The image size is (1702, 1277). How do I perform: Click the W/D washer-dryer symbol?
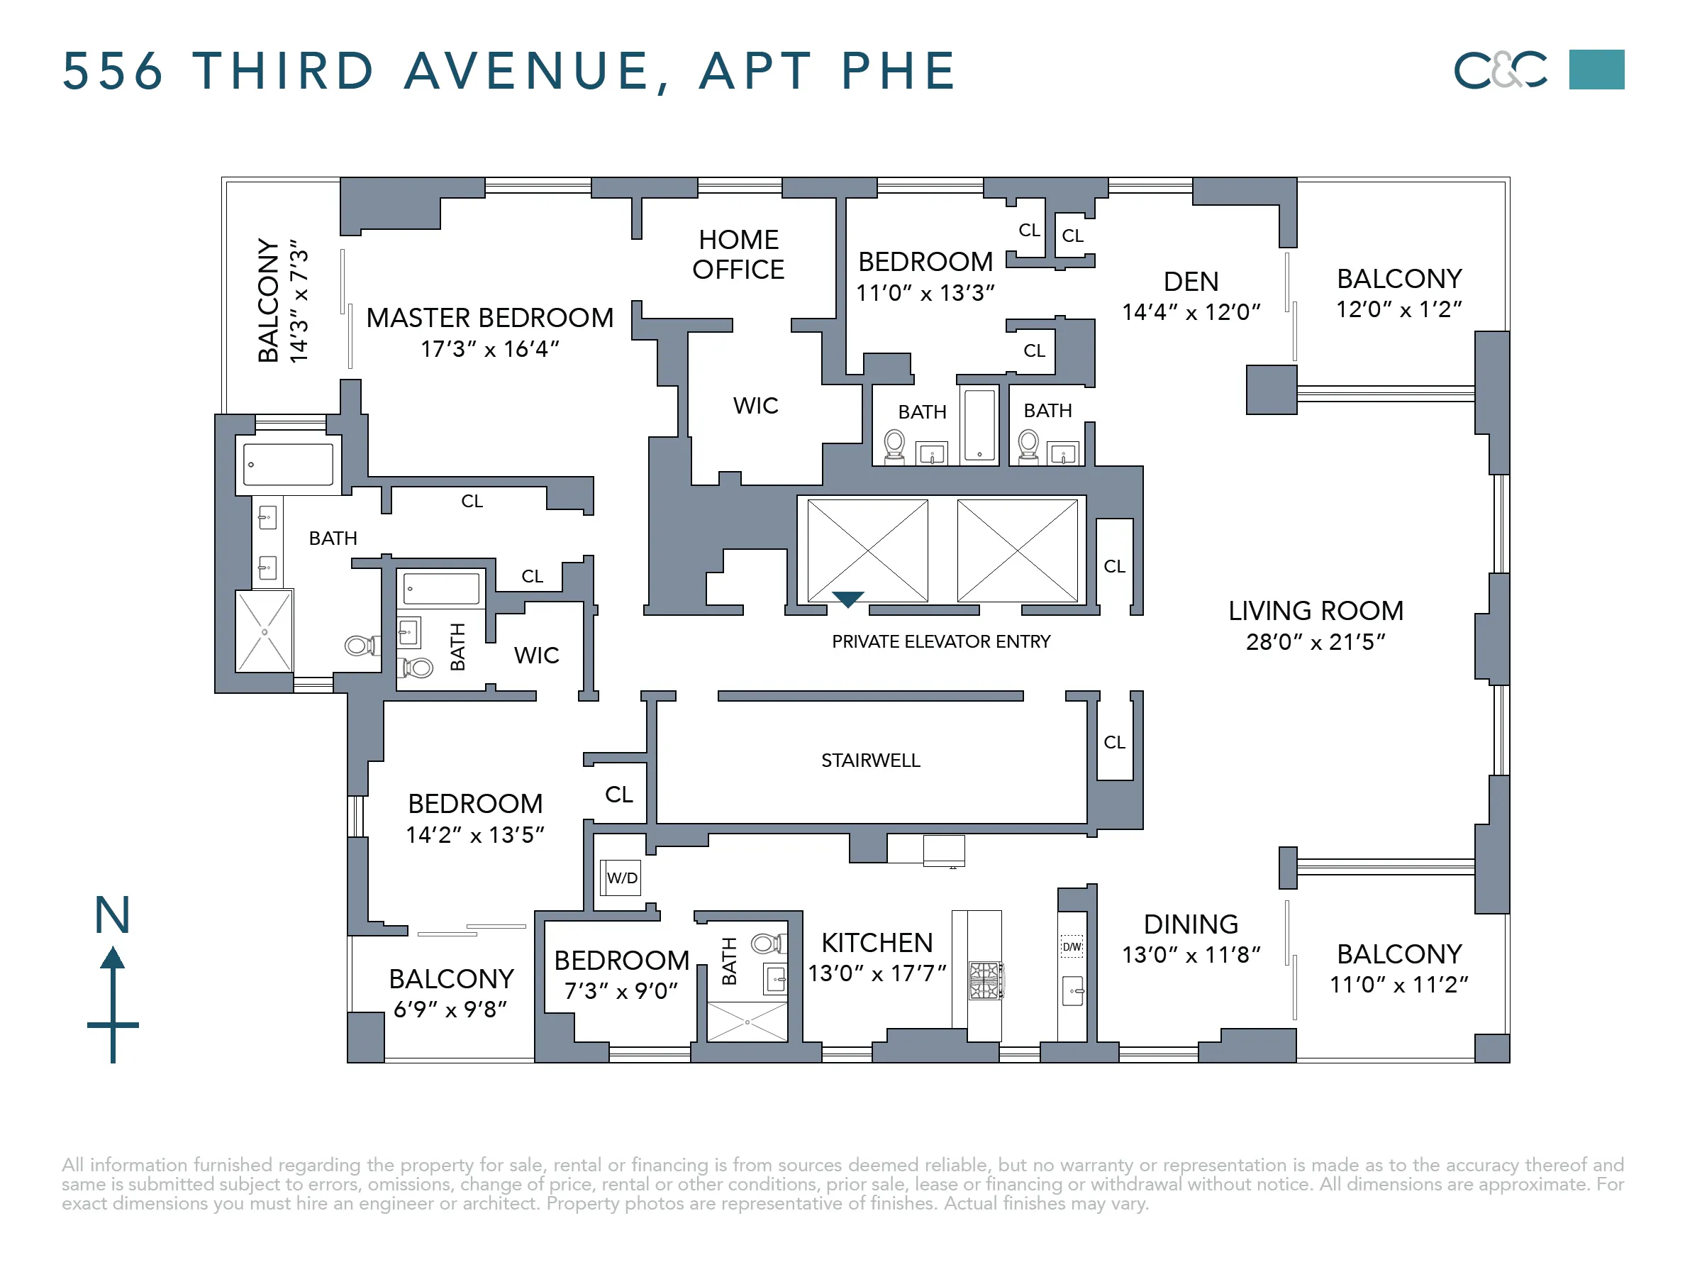621,878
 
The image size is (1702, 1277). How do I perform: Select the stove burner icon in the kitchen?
984,980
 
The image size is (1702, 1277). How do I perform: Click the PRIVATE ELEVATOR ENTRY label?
940,641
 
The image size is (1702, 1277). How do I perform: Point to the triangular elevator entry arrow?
847,599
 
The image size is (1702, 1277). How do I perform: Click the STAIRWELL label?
870,761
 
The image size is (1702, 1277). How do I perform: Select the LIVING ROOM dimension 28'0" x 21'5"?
1315,642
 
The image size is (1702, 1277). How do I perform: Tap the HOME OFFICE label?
738,255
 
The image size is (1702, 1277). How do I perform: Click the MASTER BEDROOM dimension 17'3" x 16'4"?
489,350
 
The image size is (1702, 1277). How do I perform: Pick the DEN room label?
1190,282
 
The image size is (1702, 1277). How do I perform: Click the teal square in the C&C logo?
1596,70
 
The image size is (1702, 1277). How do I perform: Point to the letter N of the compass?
112,914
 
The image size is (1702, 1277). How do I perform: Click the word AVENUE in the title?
536,71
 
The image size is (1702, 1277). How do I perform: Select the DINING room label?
1190,924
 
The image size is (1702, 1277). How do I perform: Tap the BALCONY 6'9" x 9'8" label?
451,978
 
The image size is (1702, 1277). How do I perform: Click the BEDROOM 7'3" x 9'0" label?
621,961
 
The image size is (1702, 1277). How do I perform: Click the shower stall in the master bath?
264,631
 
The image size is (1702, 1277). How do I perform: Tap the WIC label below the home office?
755,406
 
